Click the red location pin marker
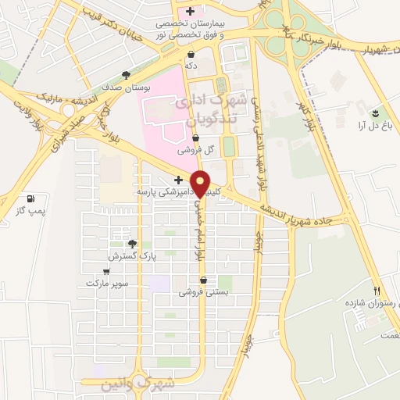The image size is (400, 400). coord(201,183)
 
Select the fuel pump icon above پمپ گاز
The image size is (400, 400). coord(30,198)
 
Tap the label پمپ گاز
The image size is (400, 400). coord(31,210)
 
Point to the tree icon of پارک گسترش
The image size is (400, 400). coord(132,244)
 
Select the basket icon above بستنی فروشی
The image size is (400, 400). coord(204,280)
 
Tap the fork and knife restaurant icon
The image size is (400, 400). coord(378,291)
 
